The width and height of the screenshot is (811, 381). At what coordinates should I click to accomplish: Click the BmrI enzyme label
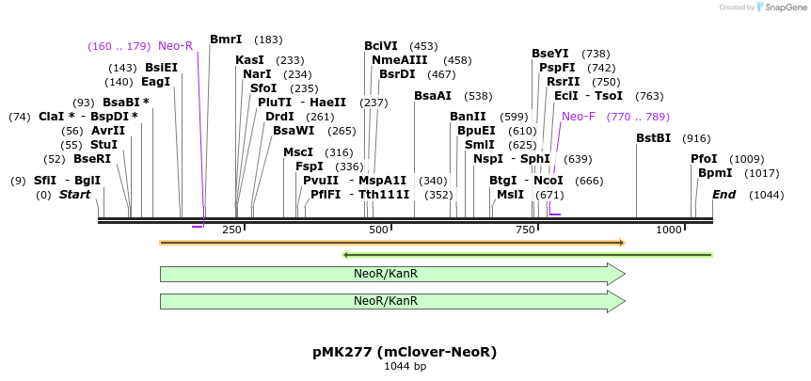(226, 40)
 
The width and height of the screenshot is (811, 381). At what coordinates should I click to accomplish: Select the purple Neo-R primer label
(175, 46)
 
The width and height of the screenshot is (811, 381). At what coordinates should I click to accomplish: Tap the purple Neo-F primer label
(579, 117)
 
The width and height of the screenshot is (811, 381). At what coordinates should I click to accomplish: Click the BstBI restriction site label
(654, 138)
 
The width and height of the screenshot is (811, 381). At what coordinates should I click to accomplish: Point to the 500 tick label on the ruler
(378, 230)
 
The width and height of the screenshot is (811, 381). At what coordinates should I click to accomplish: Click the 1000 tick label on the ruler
(669, 230)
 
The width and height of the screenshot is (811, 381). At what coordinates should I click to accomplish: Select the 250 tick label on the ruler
(231, 230)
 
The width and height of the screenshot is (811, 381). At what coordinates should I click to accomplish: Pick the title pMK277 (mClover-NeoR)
(405, 352)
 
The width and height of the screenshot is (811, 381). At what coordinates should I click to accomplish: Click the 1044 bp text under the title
(405, 366)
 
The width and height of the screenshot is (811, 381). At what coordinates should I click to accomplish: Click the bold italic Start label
(75, 195)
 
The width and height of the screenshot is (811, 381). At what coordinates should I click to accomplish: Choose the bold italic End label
(724, 195)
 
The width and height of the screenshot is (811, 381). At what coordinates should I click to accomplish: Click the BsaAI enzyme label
(433, 96)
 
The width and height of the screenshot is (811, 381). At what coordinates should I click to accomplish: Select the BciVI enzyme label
(381, 46)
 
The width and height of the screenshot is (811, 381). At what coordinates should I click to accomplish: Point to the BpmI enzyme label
(715, 173)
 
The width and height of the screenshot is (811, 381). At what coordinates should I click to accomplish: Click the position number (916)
(696, 138)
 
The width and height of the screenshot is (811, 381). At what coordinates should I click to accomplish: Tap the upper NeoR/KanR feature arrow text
(386, 274)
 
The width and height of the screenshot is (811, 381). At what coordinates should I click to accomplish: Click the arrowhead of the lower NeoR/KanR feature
(616, 301)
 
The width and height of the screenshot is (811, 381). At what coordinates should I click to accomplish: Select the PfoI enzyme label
(704, 159)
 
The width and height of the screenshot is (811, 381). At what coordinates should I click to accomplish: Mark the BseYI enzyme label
(550, 54)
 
